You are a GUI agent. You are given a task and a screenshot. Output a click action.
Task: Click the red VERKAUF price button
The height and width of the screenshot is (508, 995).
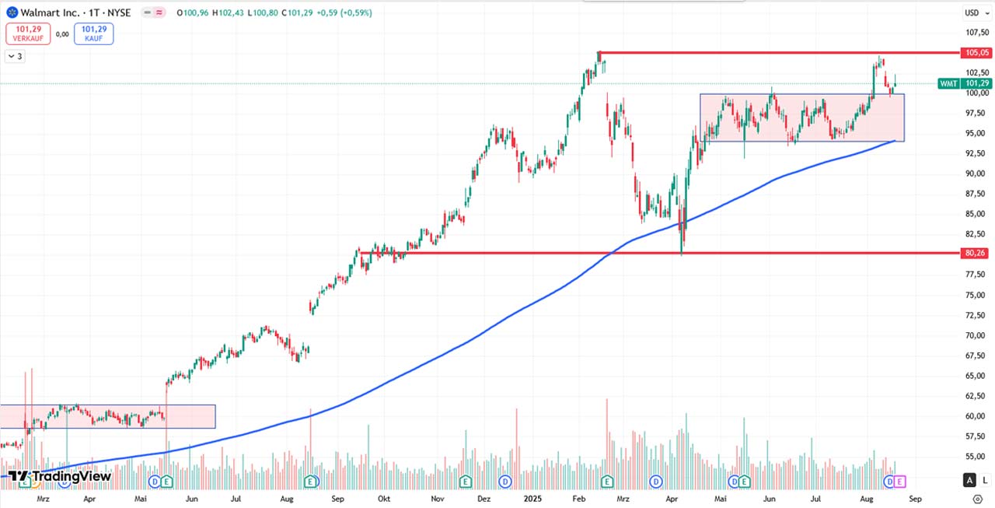click(28, 33)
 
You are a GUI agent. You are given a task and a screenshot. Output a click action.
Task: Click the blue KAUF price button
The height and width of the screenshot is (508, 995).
click(94, 33)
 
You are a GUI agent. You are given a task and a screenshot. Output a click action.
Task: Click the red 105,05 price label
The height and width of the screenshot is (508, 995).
click(976, 53)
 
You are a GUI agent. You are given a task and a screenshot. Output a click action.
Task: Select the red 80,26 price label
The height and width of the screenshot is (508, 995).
click(976, 253)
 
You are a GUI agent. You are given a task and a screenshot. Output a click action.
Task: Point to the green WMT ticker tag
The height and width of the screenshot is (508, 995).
click(948, 83)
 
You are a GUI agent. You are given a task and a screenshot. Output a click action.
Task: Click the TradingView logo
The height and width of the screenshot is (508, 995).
click(60, 476)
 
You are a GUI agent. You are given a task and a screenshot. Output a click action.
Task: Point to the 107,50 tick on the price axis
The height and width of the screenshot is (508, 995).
click(976, 33)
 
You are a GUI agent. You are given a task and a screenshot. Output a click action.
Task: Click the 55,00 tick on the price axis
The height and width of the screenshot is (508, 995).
click(976, 457)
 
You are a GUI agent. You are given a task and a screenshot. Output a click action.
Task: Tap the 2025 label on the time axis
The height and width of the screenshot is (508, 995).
click(532, 498)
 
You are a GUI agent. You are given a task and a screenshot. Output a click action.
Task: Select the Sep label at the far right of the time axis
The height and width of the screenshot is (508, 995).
click(915, 498)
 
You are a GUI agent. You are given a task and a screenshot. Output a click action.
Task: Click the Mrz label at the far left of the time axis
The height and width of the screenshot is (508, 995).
click(43, 498)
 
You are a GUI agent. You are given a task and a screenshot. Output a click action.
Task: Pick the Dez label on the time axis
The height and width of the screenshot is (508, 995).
click(484, 498)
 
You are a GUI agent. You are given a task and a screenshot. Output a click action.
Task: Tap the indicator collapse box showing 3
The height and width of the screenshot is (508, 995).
click(15, 56)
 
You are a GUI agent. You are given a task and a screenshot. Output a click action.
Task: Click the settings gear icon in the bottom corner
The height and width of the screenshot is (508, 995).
click(977, 498)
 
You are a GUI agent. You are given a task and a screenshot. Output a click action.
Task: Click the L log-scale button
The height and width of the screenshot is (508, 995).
click(985, 480)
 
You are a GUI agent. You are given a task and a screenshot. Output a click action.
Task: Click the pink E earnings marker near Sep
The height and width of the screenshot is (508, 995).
click(900, 482)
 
